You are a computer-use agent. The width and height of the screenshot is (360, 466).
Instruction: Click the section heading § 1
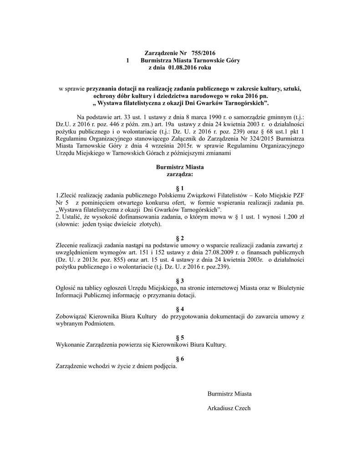(x=180, y=188)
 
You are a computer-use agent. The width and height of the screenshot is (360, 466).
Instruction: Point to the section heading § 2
(x=180, y=238)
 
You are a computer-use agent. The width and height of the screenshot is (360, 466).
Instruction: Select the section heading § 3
(x=180, y=281)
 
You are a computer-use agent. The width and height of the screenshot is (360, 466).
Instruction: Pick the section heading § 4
(x=180, y=309)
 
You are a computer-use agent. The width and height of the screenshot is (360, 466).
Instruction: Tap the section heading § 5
(x=180, y=338)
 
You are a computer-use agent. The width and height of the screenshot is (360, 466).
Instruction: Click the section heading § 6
(x=180, y=359)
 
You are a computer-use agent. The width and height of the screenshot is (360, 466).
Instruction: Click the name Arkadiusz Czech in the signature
(x=228, y=408)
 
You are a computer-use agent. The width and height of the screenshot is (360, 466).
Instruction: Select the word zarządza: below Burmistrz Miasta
(x=180, y=174)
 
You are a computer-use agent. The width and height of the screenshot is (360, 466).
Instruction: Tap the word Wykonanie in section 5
(x=70, y=345)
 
